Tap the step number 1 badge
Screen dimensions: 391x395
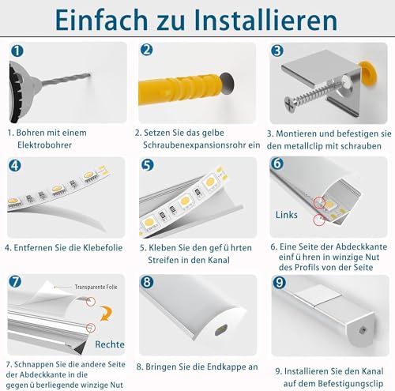pyautogui.click(x=17, y=50)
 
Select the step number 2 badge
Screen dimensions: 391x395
pyautogui.click(x=146, y=50)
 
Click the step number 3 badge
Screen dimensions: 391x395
pyautogui.click(x=276, y=50)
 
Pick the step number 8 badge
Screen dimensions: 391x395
pyautogui.click(x=146, y=282)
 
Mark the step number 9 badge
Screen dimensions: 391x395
pyautogui.click(x=276, y=282)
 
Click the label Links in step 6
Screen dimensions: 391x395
pyautogui.click(x=287, y=214)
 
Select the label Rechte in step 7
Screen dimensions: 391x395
pyautogui.click(x=110, y=344)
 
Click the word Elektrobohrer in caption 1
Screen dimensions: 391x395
pyautogui.click(x=51, y=147)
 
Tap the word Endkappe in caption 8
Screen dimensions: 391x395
pyautogui.click(x=217, y=367)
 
